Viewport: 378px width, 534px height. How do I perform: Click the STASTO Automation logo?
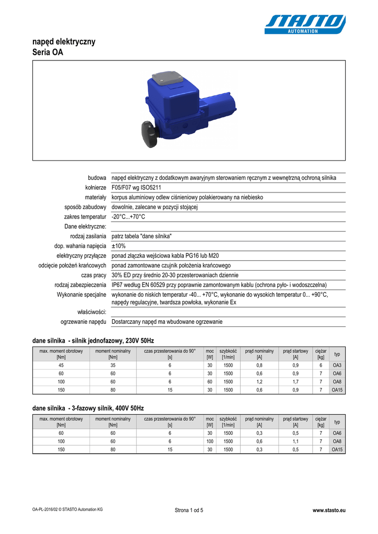pyautogui.click(x=305, y=24)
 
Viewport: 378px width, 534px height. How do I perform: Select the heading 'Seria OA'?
pyautogui.click(x=48, y=52)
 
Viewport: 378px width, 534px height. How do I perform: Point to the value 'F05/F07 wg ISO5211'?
pyautogui.click(x=136, y=188)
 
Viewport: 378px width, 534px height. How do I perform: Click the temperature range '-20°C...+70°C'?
pyautogui.click(x=128, y=217)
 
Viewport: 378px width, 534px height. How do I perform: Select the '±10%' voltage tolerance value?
pyautogui.click(x=119, y=246)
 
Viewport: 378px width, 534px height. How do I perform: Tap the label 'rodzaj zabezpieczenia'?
pyautogui.click(x=80, y=285)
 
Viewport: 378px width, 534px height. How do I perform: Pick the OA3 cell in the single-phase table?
pyautogui.click(x=337, y=365)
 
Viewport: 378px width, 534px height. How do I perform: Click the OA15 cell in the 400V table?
pyautogui.click(x=337, y=450)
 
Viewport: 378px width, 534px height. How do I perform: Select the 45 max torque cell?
pyautogui.click(x=61, y=365)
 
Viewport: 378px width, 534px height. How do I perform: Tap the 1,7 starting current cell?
pyautogui.click(x=296, y=382)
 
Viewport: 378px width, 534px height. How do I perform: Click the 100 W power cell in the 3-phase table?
pyautogui.click(x=210, y=441)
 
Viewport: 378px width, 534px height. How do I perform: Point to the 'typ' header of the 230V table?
pyautogui.click(x=337, y=354)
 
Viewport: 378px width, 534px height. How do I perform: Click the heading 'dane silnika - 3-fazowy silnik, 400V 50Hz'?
pyautogui.click(x=88, y=408)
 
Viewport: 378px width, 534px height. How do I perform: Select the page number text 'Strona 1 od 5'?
pyautogui.click(x=189, y=510)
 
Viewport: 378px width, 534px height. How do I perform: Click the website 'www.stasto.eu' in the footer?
pyautogui.click(x=328, y=510)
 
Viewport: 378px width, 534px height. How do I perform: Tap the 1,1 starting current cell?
pyautogui.click(x=296, y=441)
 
